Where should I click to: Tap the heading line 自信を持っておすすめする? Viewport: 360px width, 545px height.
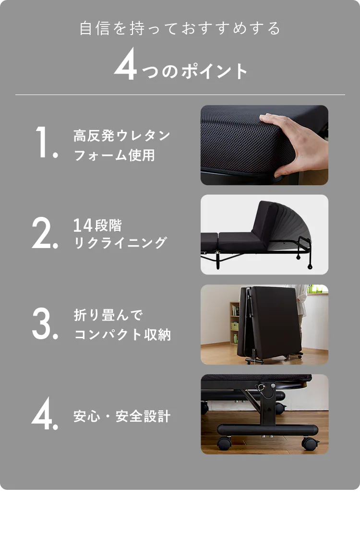click(x=180, y=29)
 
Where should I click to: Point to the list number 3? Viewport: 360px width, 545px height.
click(x=44, y=323)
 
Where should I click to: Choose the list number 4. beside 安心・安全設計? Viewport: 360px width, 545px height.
click(x=44, y=414)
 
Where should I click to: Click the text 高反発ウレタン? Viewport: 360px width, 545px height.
click(x=122, y=136)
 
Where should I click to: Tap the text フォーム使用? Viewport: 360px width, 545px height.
click(x=114, y=155)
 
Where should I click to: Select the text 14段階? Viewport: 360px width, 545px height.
click(x=97, y=225)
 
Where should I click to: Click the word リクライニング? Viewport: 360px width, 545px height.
click(x=120, y=243)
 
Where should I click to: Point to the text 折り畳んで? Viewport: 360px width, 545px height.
click(x=108, y=315)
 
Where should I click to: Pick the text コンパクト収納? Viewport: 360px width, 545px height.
click(x=122, y=334)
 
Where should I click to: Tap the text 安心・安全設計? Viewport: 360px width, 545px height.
click(x=122, y=416)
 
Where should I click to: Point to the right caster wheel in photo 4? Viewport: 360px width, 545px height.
click(x=310, y=443)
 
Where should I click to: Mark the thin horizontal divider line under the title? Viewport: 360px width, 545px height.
click(x=180, y=95)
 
